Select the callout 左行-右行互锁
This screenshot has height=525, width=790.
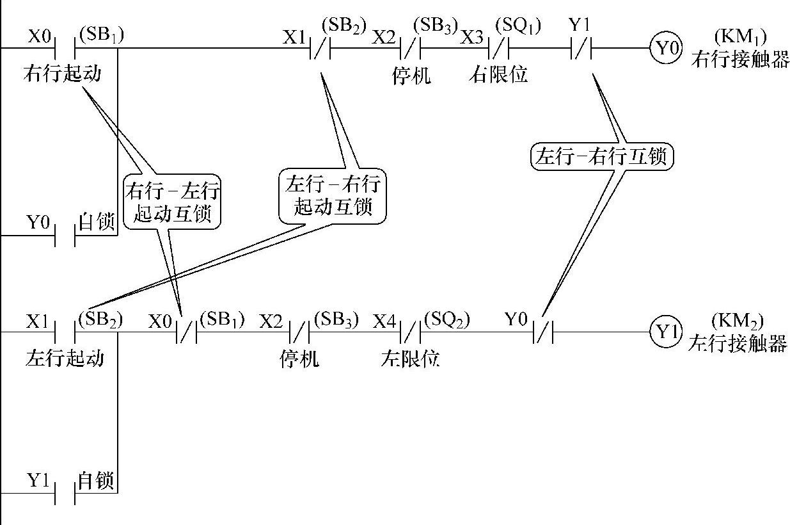[603, 156]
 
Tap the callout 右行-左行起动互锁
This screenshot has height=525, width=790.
[172, 200]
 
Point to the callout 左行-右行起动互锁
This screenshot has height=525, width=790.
[333, 195]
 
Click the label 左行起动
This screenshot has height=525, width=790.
[65, 357]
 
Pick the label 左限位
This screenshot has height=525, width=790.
[410, 358]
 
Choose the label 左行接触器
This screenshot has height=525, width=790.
[737, 344]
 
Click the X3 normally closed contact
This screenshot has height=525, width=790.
[498, 48]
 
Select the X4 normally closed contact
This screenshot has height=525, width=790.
[410, 332]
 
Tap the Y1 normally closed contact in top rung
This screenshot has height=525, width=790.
[581, 48]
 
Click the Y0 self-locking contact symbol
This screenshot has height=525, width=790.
[65, 236]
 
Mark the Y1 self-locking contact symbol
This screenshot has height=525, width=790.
[65, 494]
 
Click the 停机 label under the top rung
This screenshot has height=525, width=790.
[411, 75]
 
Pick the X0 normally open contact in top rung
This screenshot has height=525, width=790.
[65, 48]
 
